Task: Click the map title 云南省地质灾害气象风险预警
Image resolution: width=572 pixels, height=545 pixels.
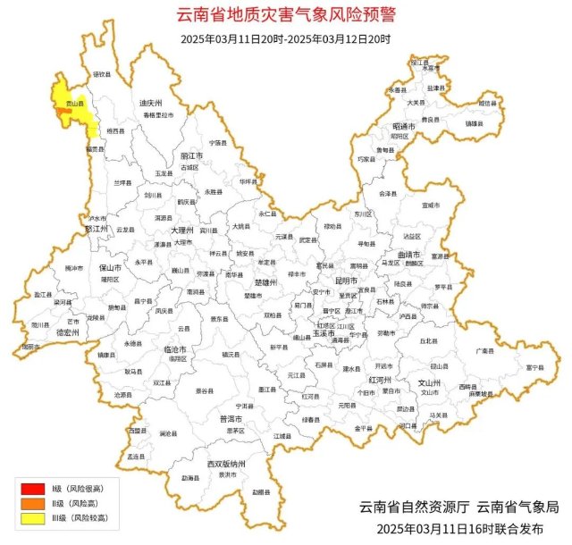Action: (x=285, y=15)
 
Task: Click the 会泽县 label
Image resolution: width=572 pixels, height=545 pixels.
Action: (x=387, y=193)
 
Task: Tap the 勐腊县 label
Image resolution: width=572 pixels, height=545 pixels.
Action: (x=259, y=491)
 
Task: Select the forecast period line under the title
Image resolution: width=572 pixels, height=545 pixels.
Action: (x=285, y=38)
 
